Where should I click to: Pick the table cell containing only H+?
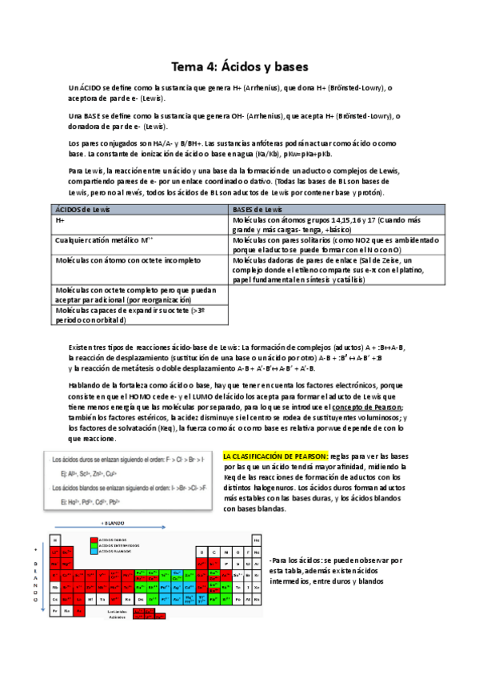60,219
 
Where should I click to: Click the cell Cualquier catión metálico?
104,239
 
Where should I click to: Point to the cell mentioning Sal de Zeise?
336,270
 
